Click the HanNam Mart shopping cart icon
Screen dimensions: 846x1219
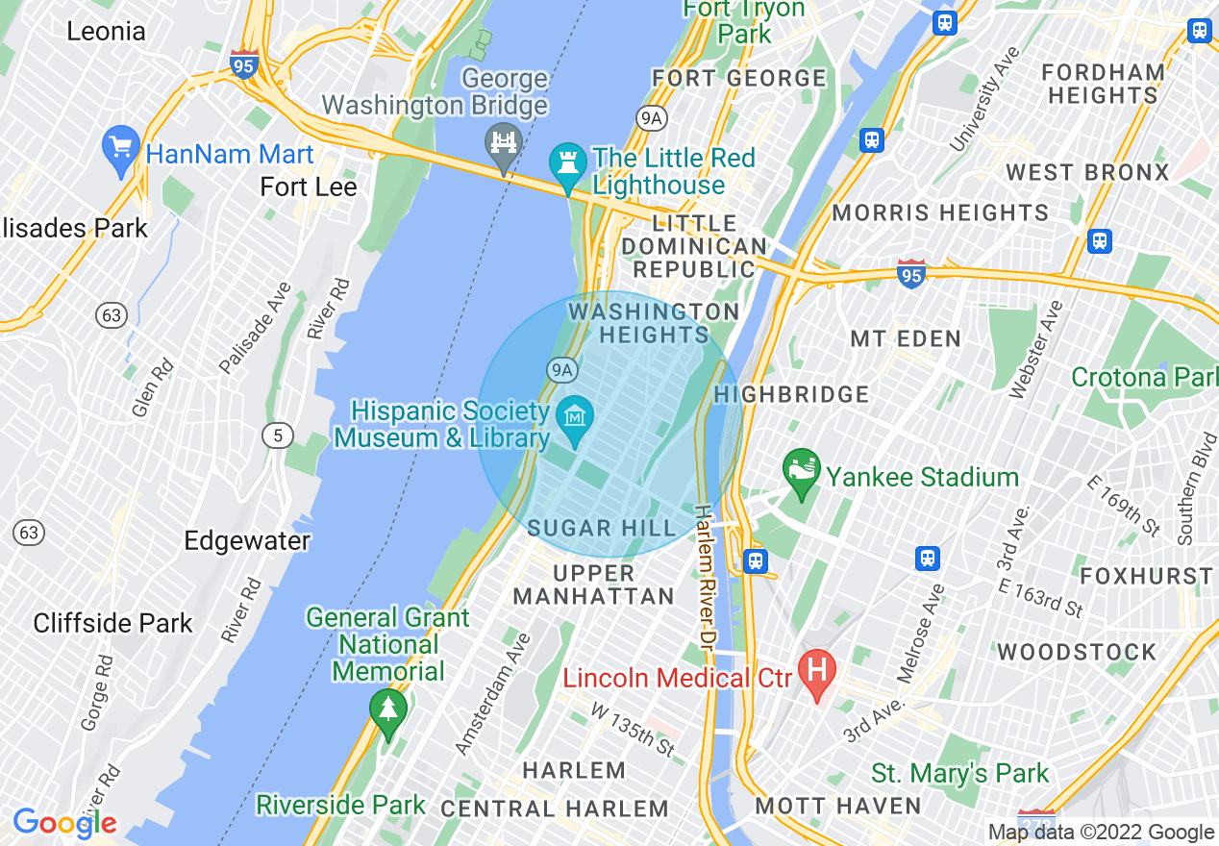[x=121, y=149]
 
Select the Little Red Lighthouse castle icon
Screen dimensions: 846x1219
[x=567, y=163]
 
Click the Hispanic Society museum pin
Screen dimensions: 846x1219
[x=575, y=419]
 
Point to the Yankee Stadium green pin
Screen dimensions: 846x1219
[x=801, y=471]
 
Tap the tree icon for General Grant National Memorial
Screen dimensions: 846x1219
[x=388, y=711]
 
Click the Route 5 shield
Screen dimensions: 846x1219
[x=278, y=436]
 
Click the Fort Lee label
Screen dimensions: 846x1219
[x=309, y=187]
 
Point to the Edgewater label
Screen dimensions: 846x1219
[x=247, y=540]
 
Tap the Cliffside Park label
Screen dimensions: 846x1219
[x=113, y=623]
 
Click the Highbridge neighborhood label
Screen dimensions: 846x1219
[x=791, y=394]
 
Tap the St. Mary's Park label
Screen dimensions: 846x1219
[x=959, y=773]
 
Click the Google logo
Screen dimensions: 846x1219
[x=64, y=823]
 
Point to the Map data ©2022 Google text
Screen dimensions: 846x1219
[x=1101, y=833]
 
